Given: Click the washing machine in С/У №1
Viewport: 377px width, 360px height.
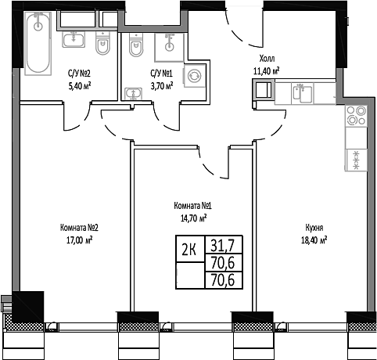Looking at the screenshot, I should click(192, 77).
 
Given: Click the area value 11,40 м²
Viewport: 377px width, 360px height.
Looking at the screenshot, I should click(266, 70).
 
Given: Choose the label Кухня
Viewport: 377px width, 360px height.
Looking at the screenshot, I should click(315, 229).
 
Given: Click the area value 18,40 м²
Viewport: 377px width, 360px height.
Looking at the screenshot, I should click(315, 240).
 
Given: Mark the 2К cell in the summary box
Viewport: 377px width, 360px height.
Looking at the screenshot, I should click(188, 250).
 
